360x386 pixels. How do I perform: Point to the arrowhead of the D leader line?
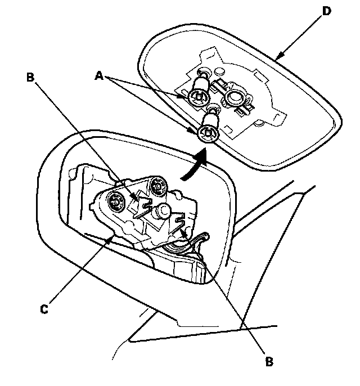pos(278,57)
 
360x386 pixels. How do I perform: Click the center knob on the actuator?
pos(164,211)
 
